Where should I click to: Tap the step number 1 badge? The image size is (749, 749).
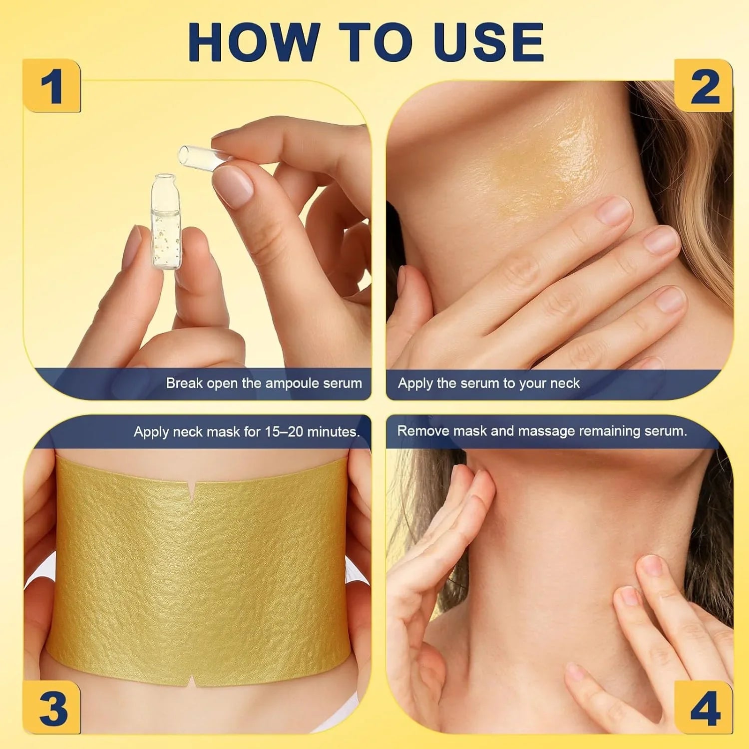click(52, 86)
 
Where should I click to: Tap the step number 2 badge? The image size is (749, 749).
click(704, 86)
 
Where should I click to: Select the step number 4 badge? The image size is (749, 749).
click(704, 708)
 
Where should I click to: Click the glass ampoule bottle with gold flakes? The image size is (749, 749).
click(166, 222)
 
